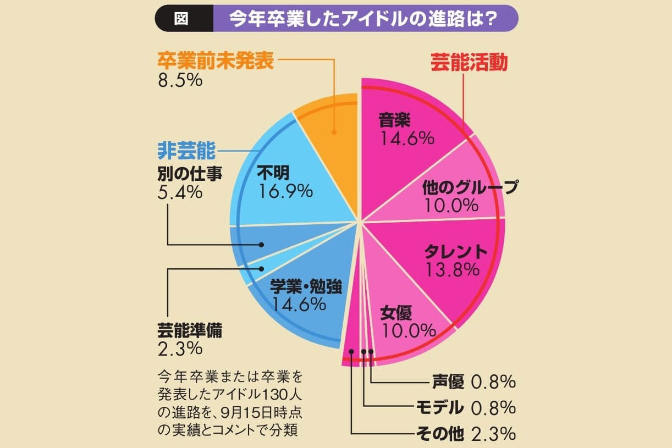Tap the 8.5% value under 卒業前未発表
click(180, 80)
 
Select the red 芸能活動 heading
click(468, 63)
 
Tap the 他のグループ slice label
click(470, 188)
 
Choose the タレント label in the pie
click(456, 252)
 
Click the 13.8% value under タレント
click(452, 269)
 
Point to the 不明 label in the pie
click(277, 173)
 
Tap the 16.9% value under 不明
click(285, 191)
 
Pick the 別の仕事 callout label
click(189, 174)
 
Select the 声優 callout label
click(448, 381)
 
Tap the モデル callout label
click(438, 407)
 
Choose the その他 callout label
click(441, 434)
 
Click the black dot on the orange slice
click(334, 132)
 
